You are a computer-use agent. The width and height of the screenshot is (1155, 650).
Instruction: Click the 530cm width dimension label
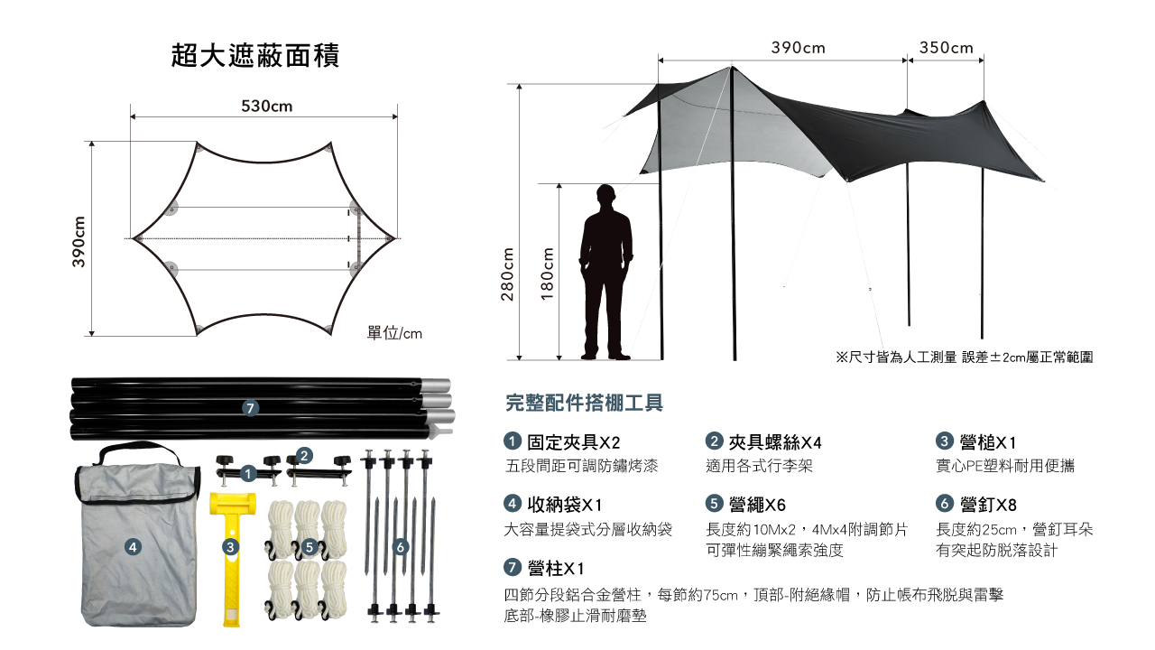coord(266,107)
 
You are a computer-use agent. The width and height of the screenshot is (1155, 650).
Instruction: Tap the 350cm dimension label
coord(947,48)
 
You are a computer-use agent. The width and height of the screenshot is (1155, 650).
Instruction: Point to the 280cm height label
coord(507,274)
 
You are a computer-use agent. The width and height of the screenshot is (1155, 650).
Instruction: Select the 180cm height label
coord(547,274)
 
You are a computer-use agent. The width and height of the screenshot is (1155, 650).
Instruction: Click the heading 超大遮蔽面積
coord(255,56)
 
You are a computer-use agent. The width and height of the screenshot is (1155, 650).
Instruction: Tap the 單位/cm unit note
coord(394,333)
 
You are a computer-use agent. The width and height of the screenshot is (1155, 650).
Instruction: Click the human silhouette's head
coord(605,196)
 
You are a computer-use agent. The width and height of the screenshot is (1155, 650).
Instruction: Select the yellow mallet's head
coord(233,504)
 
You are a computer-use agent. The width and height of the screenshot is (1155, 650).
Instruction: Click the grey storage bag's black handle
coord(139,450)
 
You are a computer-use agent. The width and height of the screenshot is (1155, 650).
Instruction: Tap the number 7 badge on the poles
coord(250,409)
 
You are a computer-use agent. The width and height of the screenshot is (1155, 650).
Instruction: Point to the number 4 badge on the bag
coord(133,547)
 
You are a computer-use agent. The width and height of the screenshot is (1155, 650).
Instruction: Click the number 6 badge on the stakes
coord(401,547)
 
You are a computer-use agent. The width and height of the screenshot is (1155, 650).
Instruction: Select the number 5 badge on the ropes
coord(309,547)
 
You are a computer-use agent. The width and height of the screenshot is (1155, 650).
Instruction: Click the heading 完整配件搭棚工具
coord(584,403)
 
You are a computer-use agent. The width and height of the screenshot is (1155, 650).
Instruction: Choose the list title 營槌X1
coord(988,442)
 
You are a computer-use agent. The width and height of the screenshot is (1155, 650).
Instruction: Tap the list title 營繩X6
coord(757,505)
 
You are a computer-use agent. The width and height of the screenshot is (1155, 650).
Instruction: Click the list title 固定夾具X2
coord(573,442)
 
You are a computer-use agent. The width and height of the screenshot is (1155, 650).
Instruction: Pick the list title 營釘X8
coord(988,505)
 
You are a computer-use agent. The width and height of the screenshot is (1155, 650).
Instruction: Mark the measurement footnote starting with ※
coord(965,357)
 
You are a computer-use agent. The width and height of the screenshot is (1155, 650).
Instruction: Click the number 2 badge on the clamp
coord(304,456)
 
